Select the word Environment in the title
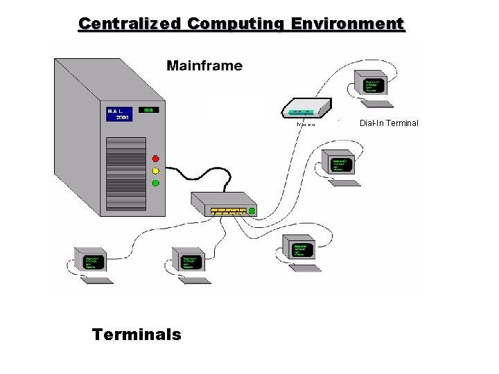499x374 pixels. tap(348, 24)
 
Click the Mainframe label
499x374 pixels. tap(204, 66)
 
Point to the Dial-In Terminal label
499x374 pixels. tap(389, 123)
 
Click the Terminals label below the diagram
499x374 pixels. tap(137, 335)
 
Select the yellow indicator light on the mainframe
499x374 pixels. tap(155, 170)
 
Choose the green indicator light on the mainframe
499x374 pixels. tap(155, 183)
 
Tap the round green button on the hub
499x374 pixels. tap(252, 211)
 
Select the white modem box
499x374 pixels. tap(304, 109)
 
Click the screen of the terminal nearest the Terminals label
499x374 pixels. tap(92, 262)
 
